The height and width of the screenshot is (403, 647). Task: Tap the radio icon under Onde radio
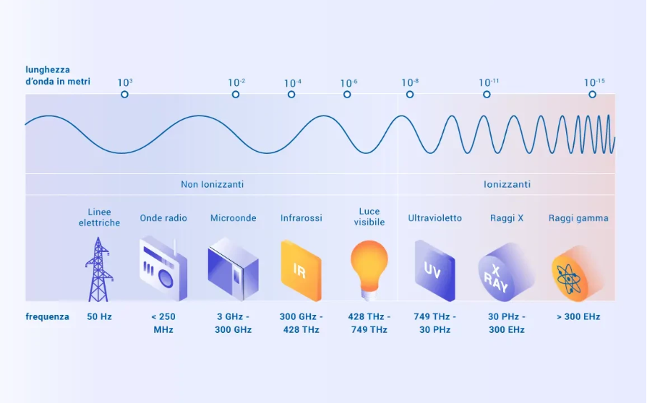coord(163,269)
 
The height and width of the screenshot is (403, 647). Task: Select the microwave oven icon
coord(233,269)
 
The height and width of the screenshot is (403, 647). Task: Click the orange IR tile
coord(301,271)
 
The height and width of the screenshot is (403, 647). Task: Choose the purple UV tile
coord(435,271)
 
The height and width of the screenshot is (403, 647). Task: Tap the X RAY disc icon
coord(506,273)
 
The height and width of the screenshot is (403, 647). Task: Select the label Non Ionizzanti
coord(212,184)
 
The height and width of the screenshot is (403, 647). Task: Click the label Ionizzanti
coord(507,184)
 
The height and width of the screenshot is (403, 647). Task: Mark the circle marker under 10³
coord(124,95)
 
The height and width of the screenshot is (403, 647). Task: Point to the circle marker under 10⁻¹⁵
coord(592,95)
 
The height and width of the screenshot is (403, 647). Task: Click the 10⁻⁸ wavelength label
coord(410,82)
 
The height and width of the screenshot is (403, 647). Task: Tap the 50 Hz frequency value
coord(99,317)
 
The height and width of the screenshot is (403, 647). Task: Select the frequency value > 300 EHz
coord(578,317)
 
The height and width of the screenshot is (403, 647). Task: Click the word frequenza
coord(48,317)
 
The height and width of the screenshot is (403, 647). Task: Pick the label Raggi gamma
coord(578,218)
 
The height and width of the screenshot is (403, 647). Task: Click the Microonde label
coord(233,218)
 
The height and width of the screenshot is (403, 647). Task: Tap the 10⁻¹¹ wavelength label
coord(489,82)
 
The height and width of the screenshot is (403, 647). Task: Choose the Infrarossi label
coord(301,218)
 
